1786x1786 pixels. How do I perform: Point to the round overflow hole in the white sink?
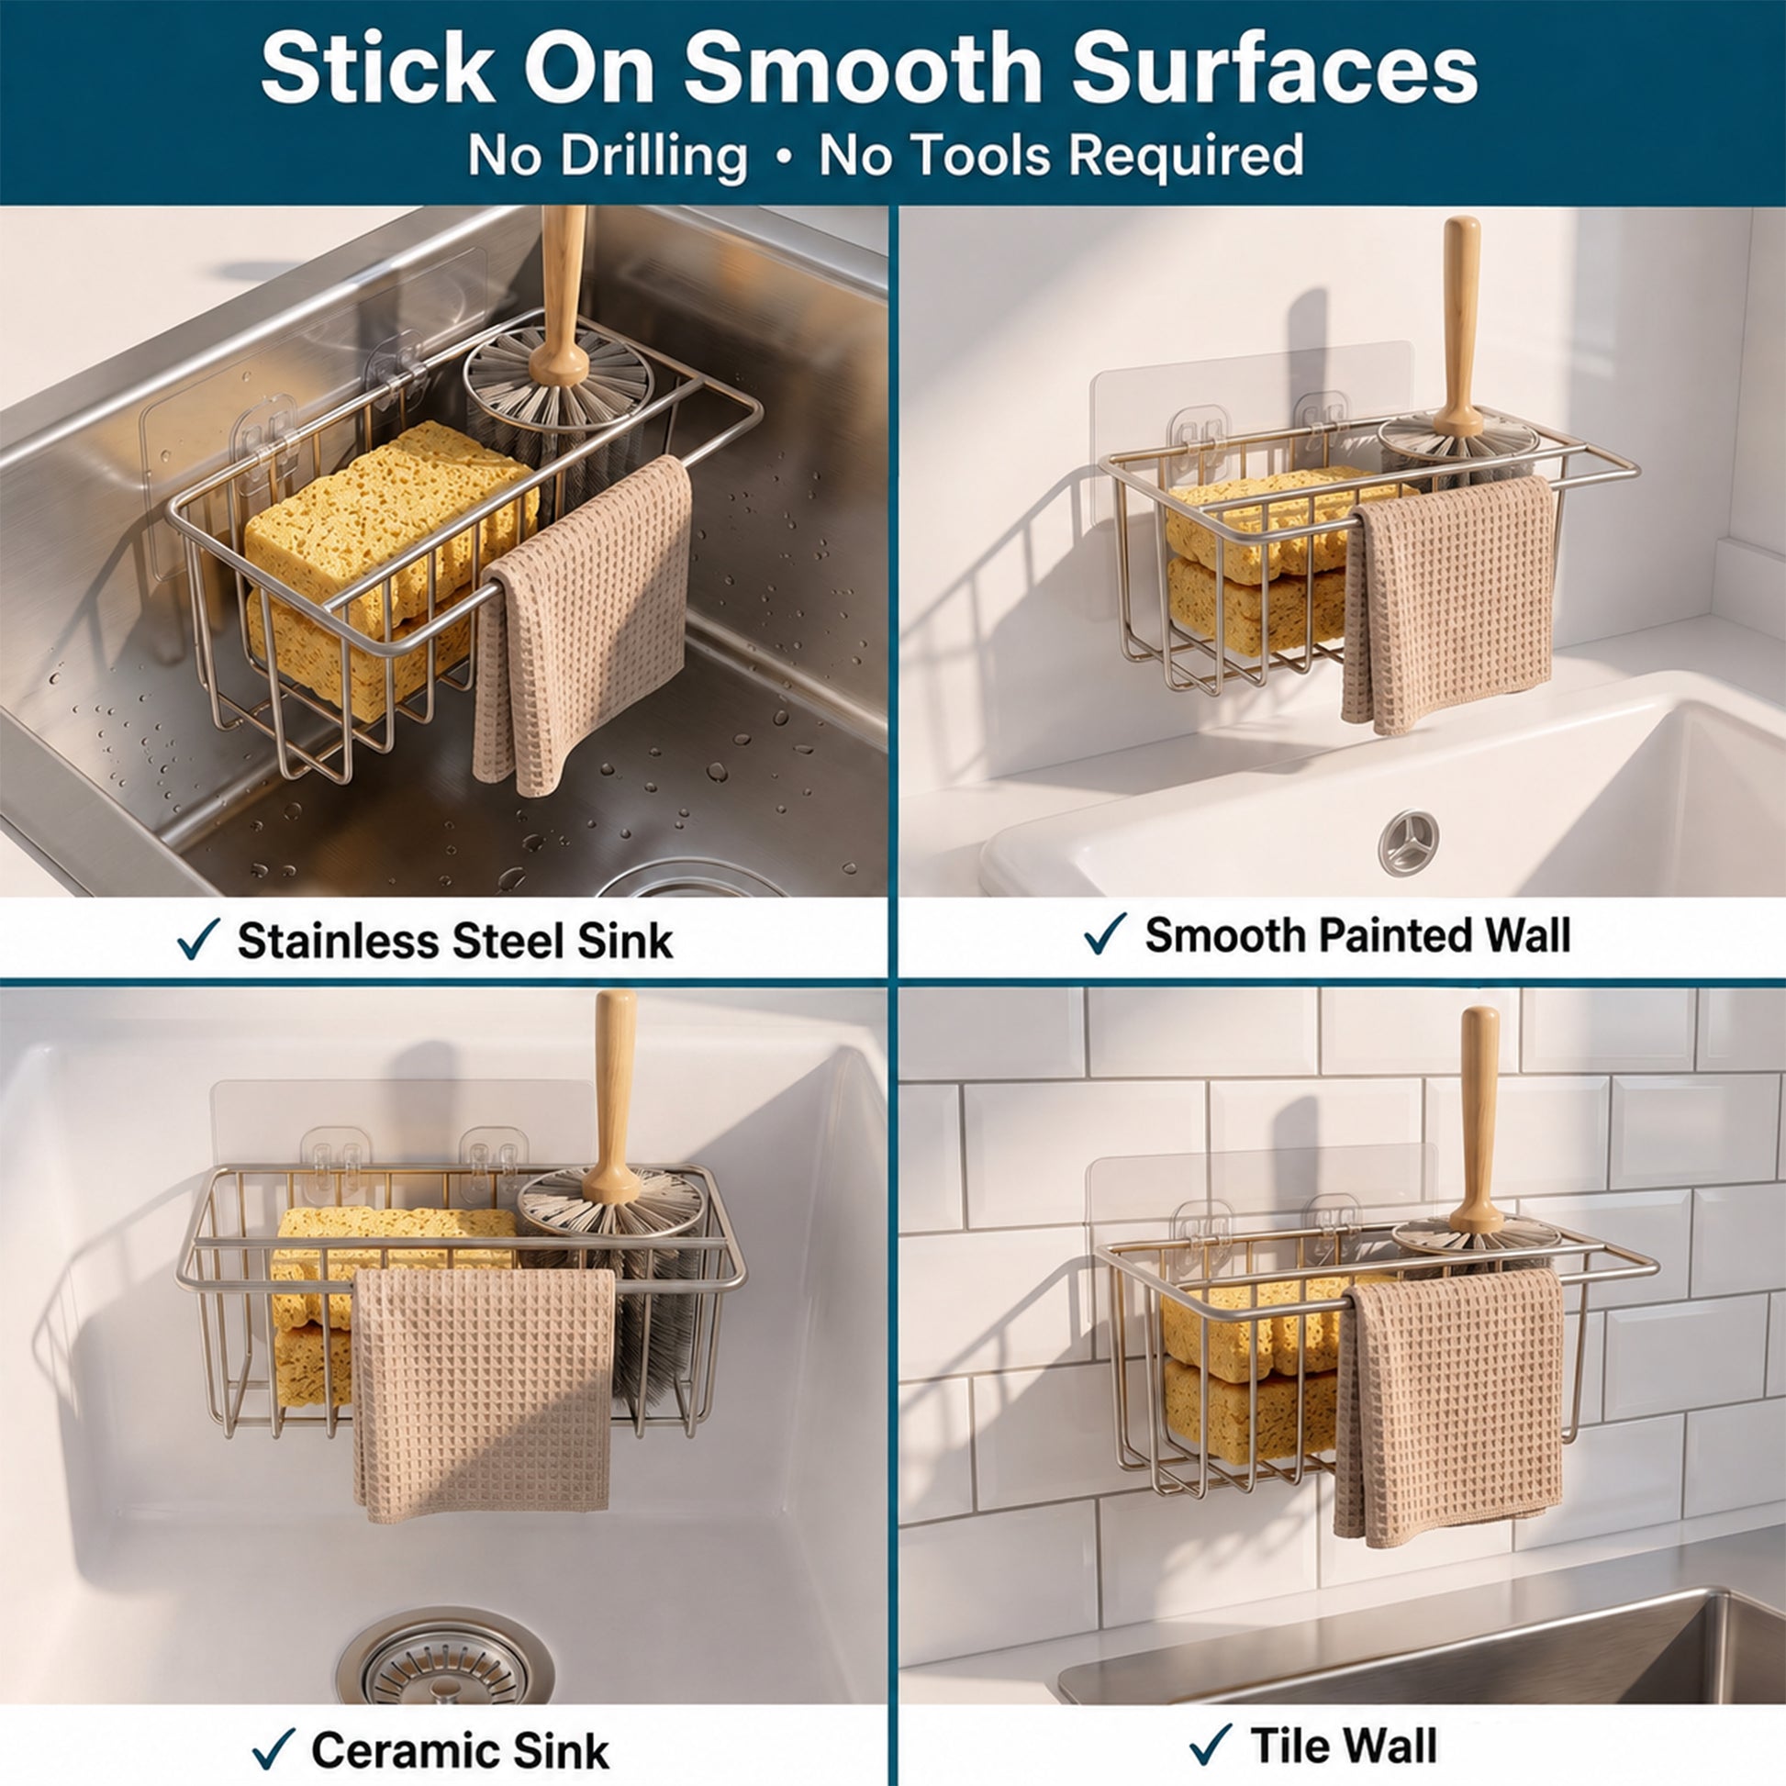coord(1409,843)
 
